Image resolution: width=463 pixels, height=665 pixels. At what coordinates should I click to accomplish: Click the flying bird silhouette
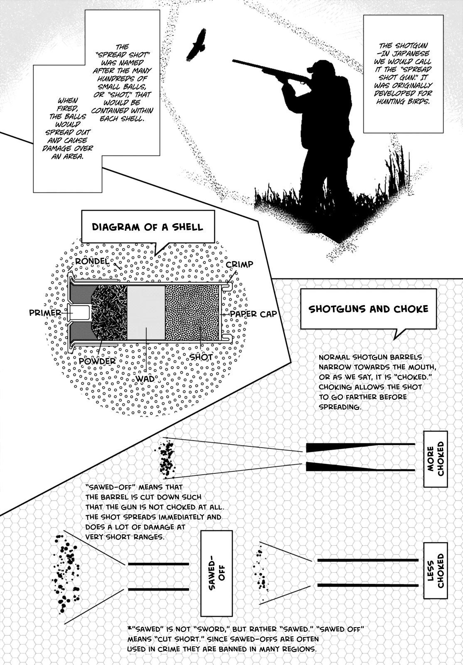pos(197,45)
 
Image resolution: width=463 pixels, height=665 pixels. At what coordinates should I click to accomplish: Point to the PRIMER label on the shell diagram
pos(45,313)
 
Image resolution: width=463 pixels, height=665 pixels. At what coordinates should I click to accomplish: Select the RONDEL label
pos(92,261)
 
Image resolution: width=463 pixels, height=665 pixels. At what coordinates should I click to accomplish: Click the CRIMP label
pos(239,265)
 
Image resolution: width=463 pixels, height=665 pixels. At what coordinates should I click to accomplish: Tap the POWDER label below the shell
pos(97,361)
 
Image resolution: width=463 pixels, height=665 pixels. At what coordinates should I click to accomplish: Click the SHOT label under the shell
pos(201,357)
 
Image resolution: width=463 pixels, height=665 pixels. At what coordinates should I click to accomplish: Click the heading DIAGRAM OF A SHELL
pos(148,227)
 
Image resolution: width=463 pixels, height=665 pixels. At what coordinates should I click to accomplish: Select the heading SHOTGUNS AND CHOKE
pos(368,309)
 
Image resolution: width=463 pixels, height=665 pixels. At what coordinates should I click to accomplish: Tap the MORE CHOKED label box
pos(435,458)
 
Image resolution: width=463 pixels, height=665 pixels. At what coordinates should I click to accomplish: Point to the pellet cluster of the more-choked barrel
pos(167,458)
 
